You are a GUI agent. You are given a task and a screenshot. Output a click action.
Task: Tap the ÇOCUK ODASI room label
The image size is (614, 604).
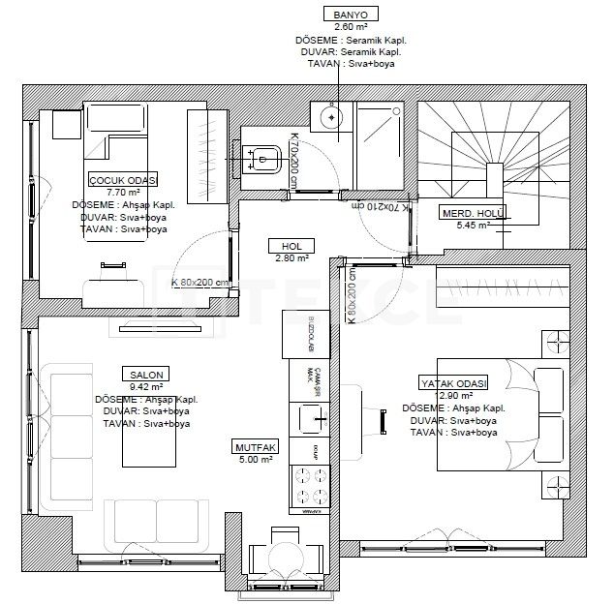click(123, 180)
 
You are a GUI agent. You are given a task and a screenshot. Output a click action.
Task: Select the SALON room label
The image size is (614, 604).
click(142, 374)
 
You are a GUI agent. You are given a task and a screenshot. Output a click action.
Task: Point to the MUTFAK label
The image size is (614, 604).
click(256, 447)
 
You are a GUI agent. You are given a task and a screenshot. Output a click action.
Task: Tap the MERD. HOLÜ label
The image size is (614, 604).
click(474, 213)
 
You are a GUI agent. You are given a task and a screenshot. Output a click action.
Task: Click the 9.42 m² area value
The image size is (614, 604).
click(142, 386)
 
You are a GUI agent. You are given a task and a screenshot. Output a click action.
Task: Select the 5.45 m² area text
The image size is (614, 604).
click(473, 226)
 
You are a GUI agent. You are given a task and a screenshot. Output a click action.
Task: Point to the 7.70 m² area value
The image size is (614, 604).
click(123, 193)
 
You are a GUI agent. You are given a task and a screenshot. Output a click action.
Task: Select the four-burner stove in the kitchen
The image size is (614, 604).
click(310, 483)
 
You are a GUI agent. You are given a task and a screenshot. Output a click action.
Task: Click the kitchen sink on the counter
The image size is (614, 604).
click(312, 418)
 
